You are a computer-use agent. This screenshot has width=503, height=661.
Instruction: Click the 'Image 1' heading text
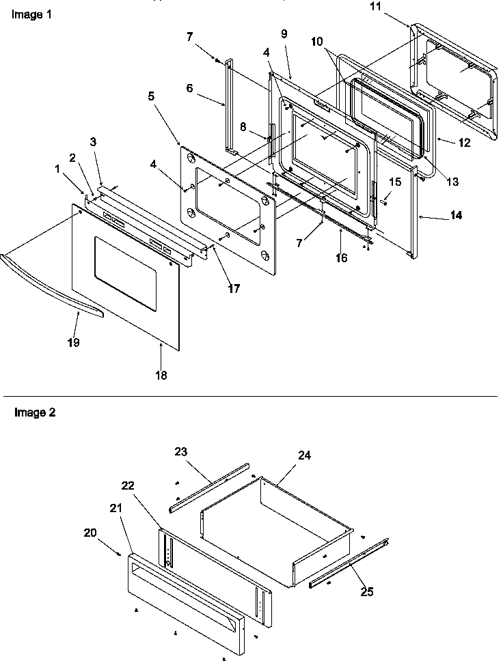coord(29,14)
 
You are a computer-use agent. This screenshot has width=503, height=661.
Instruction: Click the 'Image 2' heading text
coord(29,412)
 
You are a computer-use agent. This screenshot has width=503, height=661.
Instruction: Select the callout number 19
coord(73,342)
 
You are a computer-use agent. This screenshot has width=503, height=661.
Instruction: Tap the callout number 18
coord(161,374)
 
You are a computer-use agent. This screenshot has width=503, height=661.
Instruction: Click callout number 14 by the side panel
coord(455,215)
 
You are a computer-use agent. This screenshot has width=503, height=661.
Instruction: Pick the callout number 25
coord(367,592)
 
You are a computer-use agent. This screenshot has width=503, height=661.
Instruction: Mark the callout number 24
coord(304,454)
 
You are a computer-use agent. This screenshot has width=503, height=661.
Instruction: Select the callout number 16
coord(341,257)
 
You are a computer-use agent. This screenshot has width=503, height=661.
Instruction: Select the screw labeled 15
coord(384,200)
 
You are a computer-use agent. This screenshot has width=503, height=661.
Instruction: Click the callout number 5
coord(150,97)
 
